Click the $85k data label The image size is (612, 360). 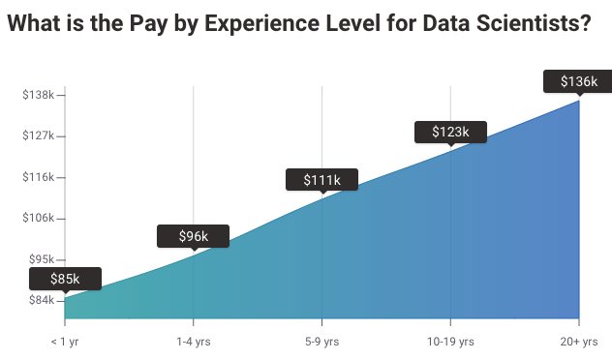tap(65, 279)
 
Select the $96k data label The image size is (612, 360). tap(193, 235)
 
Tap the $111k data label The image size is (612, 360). tap(321, 180)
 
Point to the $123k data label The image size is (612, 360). tap(449, 132)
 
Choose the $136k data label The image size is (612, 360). tap(578, 81)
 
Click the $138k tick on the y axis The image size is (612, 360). tap(38, 95)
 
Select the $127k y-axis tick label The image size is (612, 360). tap(38, 136)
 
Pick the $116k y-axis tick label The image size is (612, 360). tap(38, 177)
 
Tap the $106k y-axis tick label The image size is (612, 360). tap(38, 219)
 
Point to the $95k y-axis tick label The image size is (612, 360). tap(40, 259)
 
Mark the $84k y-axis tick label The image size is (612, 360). tap(40, 301)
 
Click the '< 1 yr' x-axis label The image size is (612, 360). tap(65, 342)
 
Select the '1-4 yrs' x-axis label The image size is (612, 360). tap(193, 342)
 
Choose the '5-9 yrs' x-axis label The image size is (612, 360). tap(321, 342)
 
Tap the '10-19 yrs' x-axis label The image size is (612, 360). tap(449, 342)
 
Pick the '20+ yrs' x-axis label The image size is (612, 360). tap(578, 342)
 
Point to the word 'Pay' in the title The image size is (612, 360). tap(146, 25)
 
